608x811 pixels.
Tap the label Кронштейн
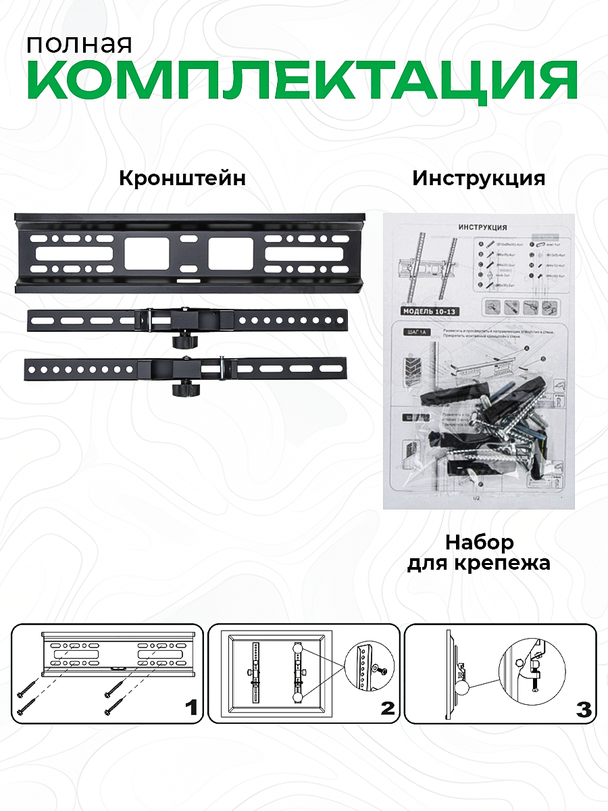pyautogui.click(x=182, y=178)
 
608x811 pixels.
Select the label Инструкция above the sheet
pyautogui.click(x=479, y=178)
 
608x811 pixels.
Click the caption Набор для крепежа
pyautogui.click(x=479, y=552)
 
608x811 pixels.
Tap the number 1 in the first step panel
pyautogui.click(x=191, y=708)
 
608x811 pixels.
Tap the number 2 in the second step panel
pyautogui.click(x=387, y=708)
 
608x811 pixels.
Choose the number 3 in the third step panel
pyautogui.click(x=583, y=709)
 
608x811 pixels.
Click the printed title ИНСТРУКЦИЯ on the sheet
pyautogui.click(x=482, y=228)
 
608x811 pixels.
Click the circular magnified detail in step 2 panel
pyautogui.click(x=369, y=668)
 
